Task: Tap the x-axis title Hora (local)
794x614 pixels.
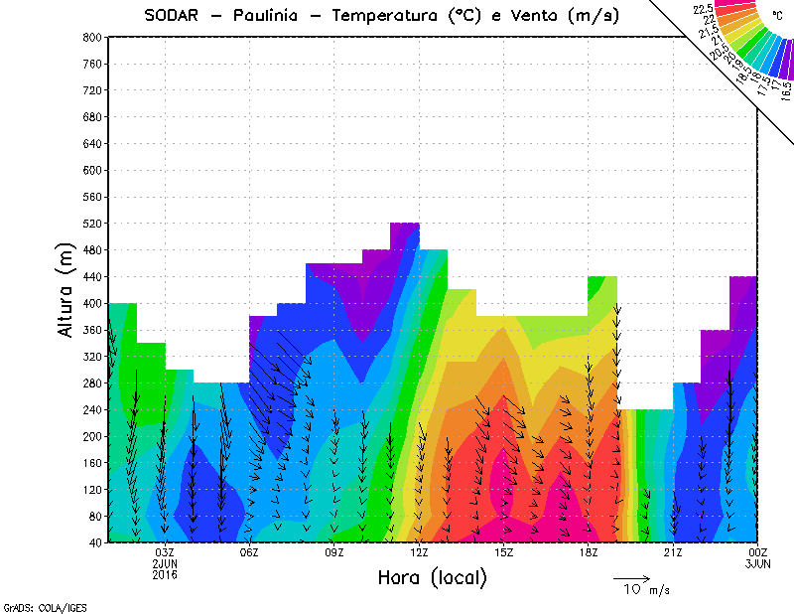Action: (431, 577)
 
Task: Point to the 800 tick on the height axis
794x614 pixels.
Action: (92, 37)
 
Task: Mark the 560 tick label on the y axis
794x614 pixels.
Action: (92, 197)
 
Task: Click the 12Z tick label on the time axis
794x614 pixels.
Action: (419, 552)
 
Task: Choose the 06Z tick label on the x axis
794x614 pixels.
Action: (249, 552)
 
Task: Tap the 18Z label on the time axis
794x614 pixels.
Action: (589, 552)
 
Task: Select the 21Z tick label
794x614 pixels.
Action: (673, 552)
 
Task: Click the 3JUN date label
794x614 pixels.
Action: (757, 563)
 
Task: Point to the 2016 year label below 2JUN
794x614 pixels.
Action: (165, 574)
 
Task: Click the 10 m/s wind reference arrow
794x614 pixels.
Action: (630, 577)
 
